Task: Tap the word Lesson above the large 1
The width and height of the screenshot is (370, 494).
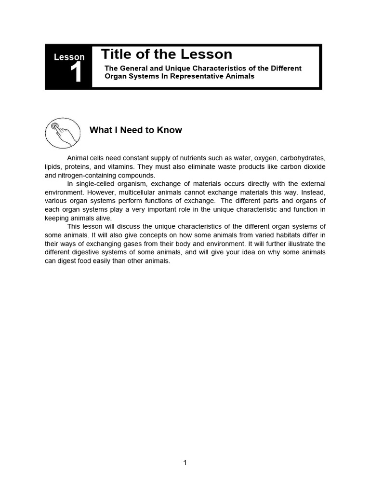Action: coord(69,57)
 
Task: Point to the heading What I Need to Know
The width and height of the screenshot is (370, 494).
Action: coord(136,130)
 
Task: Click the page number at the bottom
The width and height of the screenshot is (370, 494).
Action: coord(185,463)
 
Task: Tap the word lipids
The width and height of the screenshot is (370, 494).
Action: coord(53,166)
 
